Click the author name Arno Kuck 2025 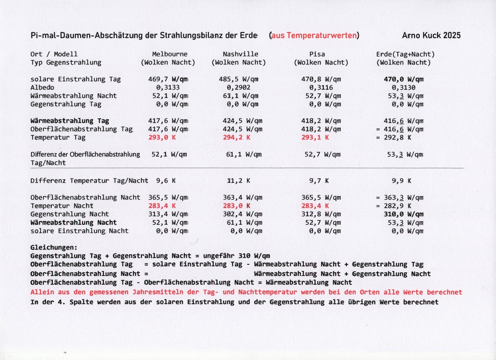tap(431, 36)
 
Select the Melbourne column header tap(170, 54)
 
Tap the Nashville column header tap(240, 54)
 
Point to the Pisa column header tap(321, 54)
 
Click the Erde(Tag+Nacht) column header tap(405, 54)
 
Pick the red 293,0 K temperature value tap(162, 138)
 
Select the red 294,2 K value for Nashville tap(237, 138)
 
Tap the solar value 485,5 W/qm tap(240, 79)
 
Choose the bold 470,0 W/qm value tap(404, 79)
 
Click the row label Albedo tap(42, 88)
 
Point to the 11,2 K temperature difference tap(238, 181)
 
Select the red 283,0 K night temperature tap(237, 206)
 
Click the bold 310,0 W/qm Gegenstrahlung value tap(404, 214)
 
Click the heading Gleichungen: tap(54, 247)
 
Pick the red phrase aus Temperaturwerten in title tap(314, 36)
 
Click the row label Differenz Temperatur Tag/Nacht tap(89, 181)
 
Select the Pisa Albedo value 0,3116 tap(321, 88)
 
